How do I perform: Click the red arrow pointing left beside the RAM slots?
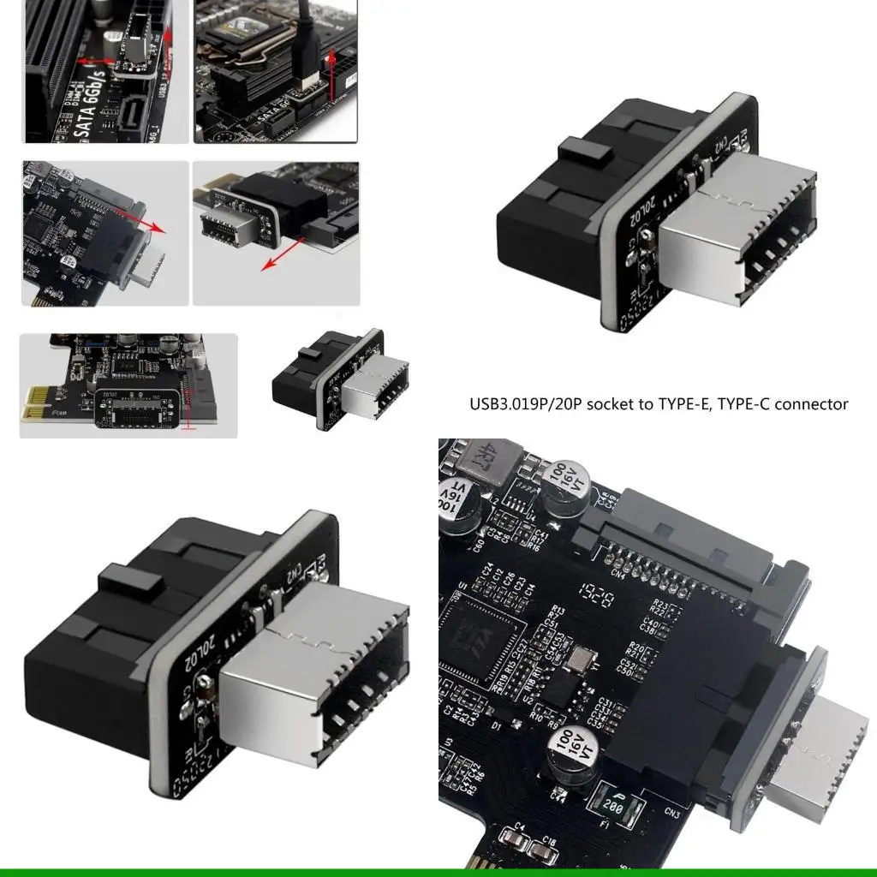94,62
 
